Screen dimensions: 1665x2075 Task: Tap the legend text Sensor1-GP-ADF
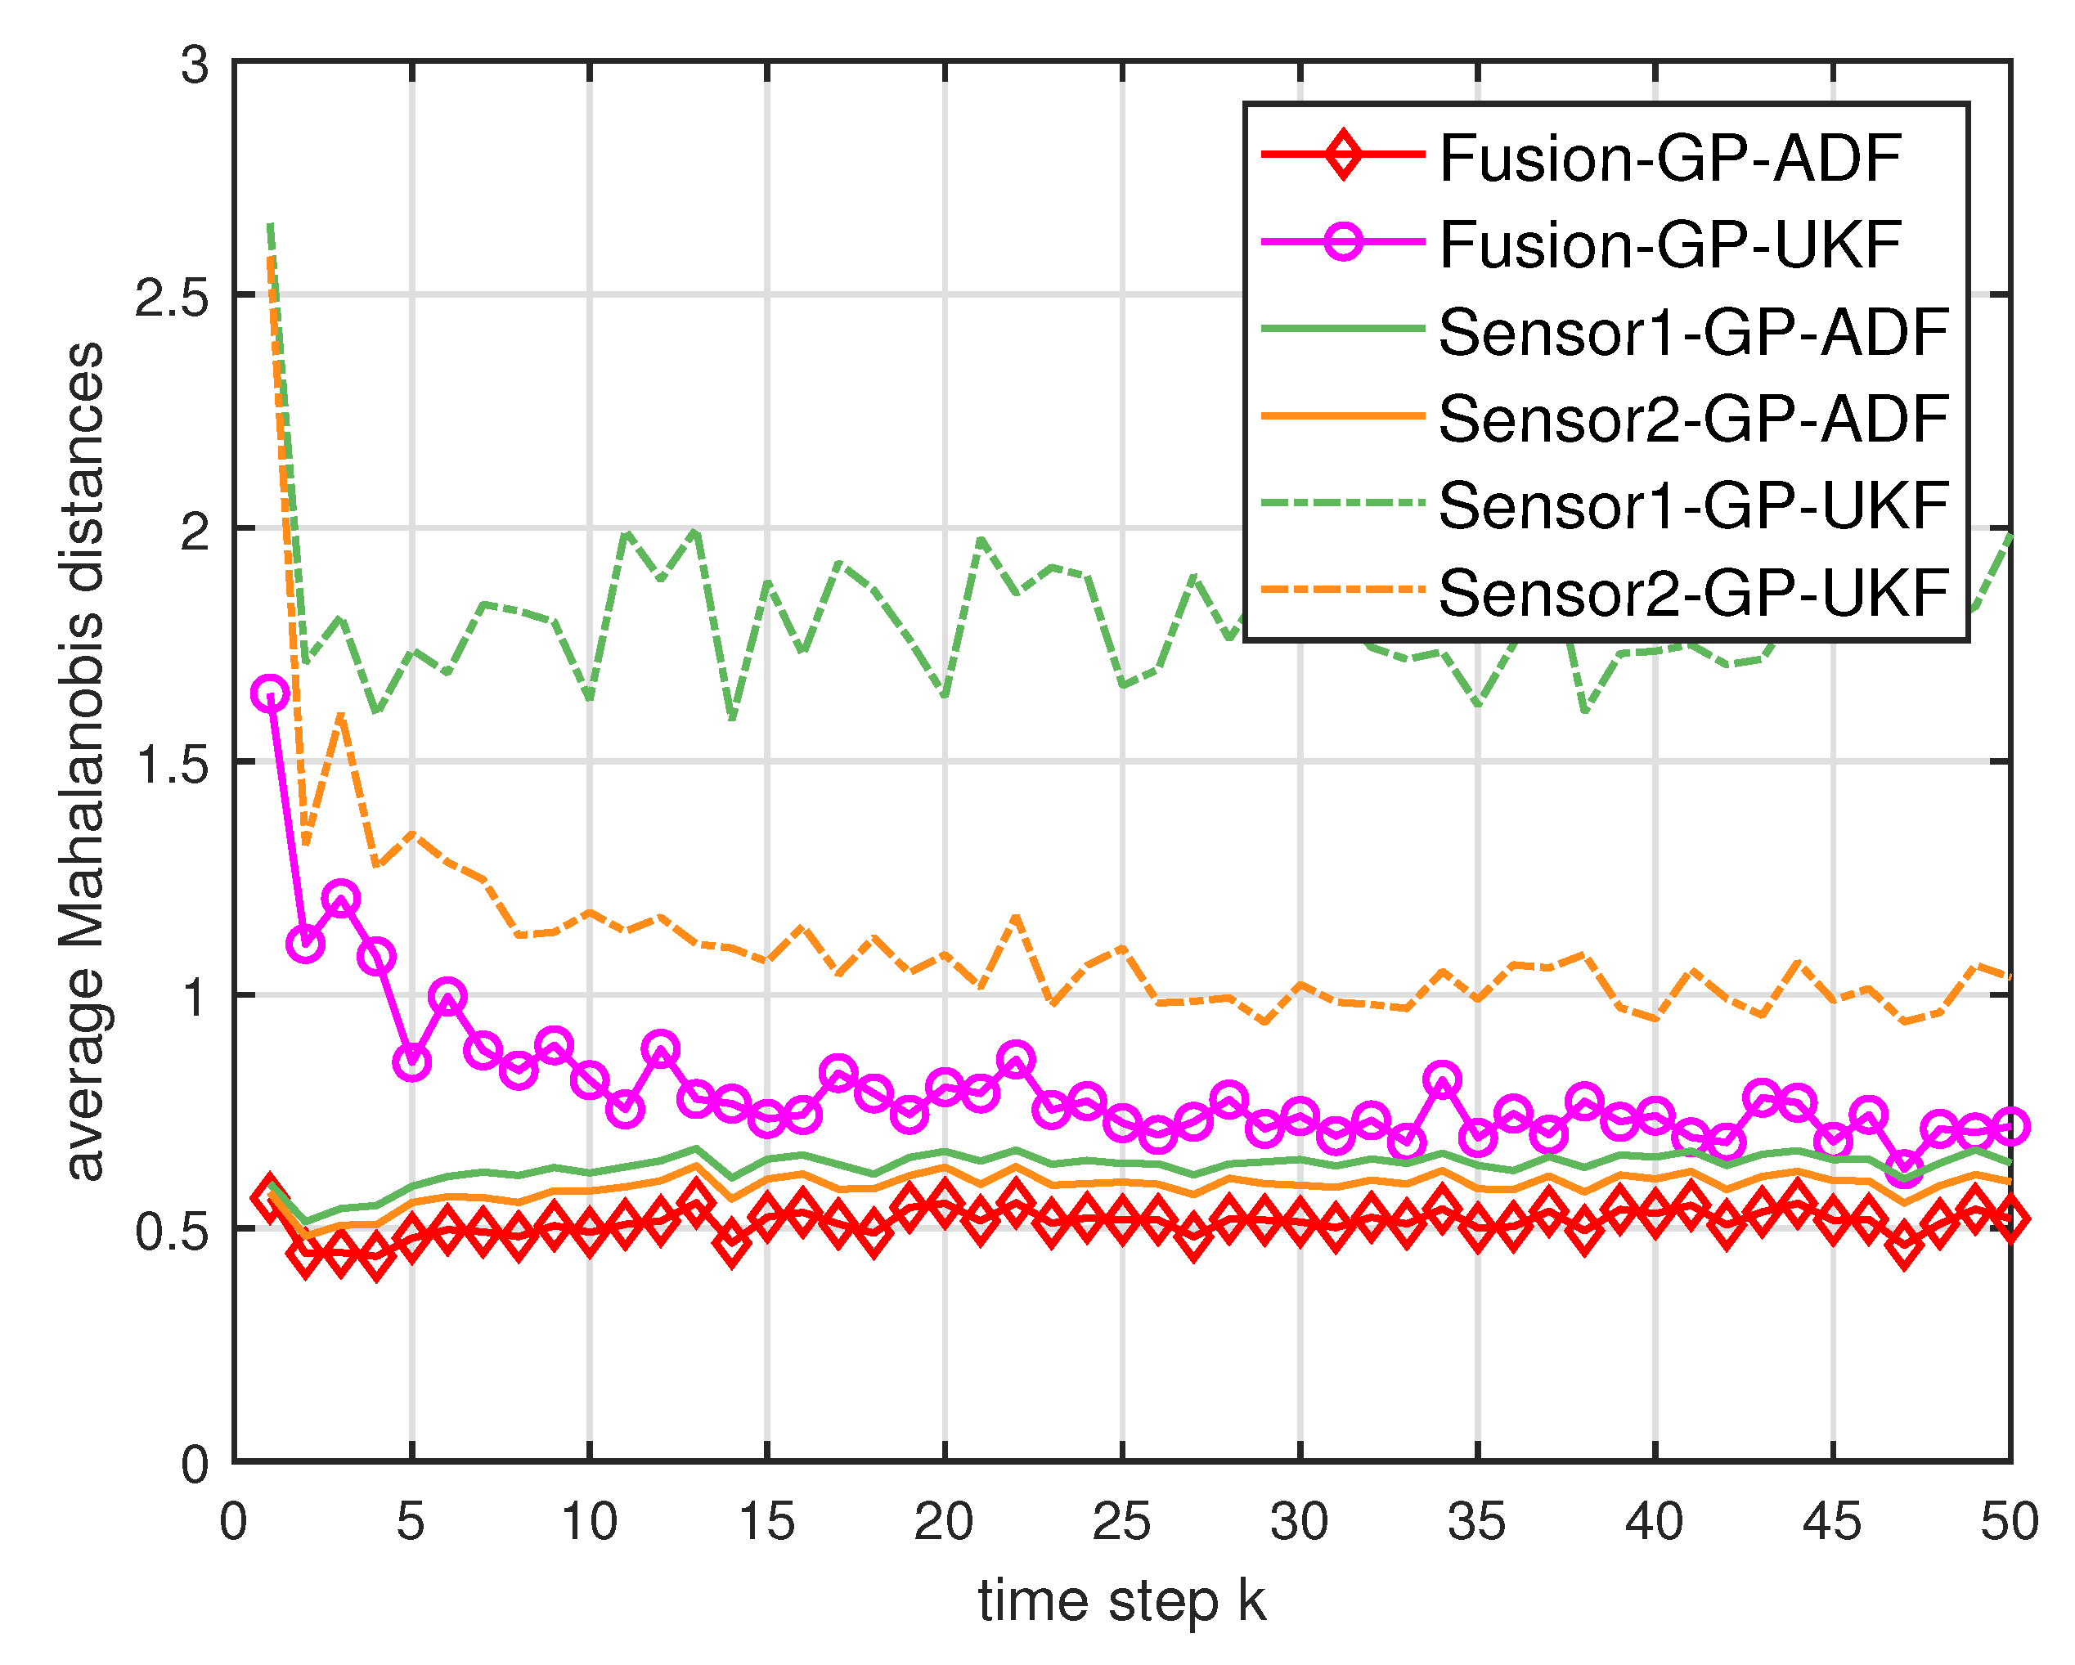click(x=1693, y=332)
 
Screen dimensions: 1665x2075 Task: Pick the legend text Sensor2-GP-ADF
click(x=1693, y=419)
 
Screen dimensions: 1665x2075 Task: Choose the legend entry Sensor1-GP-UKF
click(x=1693, y=505)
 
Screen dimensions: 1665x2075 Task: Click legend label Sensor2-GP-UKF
click(x=1693, y=592)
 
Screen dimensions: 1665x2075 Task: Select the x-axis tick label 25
click(x=1121, y=1522)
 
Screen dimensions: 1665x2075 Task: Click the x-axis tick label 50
click(x=2009, y=1522)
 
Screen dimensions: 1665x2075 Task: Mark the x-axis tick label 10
click(x=588, y=1522)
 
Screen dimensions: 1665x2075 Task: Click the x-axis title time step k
click(x=1121, y=1601)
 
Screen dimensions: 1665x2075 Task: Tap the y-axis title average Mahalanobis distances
click(x=85, y=761)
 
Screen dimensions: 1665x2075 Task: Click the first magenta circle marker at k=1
click(x=271, y=693)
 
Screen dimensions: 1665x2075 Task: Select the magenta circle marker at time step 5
click(x=412, y=1061)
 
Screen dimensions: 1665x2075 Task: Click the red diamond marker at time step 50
click(x=2010, y=1219)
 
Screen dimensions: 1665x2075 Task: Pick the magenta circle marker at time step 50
click(x=2010, y=1125)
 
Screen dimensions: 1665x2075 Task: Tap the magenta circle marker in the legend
click(x=1343, y=240)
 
